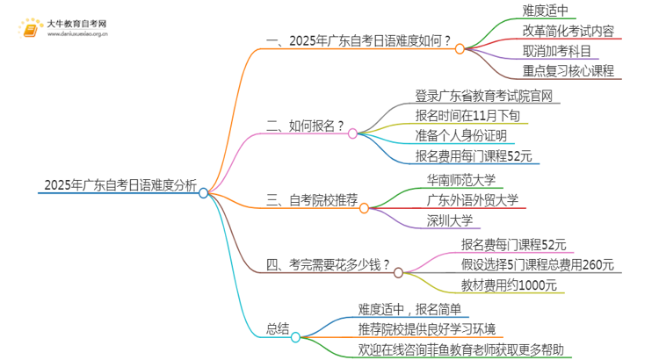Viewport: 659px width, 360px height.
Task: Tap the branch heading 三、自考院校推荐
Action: click(312, 201)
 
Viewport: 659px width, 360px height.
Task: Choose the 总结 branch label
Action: click(277, 328)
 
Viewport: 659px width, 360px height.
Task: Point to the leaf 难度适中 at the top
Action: click(547, 11)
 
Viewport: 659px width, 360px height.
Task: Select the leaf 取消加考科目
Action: click(557, 51)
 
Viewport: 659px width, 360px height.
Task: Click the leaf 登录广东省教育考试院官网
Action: click(484, 95)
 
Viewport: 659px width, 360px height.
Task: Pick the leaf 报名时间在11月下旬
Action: click(471, 115)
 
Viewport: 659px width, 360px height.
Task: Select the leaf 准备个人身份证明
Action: click(462, 135)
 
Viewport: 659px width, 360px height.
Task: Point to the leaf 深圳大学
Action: click(450, 220)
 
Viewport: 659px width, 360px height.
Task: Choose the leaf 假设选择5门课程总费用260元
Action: click(537, 264)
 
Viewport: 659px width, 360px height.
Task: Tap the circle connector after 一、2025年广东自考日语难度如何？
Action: click(460, 49)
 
